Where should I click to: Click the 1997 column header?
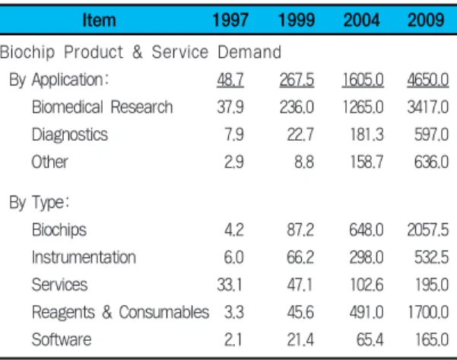230,20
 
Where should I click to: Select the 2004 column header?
361,20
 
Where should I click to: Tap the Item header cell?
99,20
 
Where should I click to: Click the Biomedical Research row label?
103,107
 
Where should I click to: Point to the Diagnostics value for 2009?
432,135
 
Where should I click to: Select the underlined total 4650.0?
428,79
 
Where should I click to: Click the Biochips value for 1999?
300,230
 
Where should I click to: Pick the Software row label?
62,339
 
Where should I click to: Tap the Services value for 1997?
230,285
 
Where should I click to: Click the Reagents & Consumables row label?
120,312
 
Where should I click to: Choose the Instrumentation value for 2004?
367,257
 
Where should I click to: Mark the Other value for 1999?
304,162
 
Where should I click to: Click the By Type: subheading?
40,202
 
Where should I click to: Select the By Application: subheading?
59,79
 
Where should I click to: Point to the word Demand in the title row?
249,52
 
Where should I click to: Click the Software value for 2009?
432,339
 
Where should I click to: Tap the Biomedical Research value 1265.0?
363,107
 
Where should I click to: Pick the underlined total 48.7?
230,79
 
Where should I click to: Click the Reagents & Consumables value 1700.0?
428,312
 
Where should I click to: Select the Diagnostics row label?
70,135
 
